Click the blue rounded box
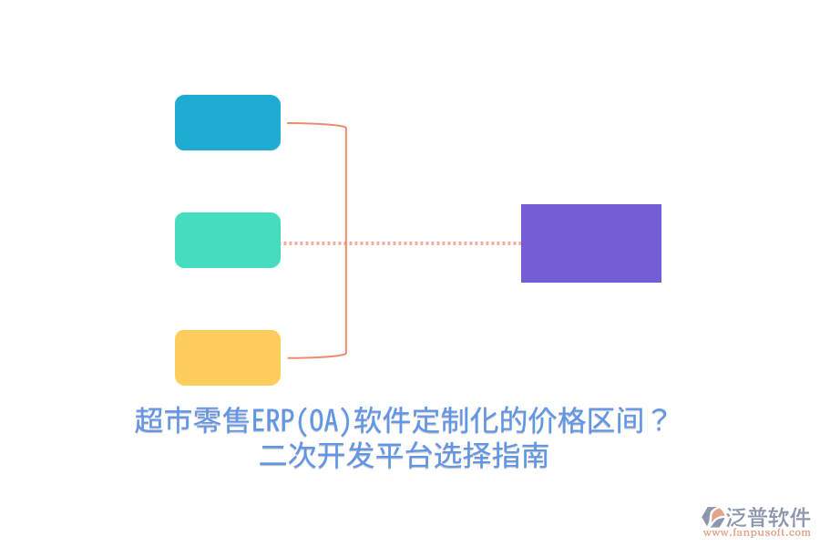tap(228, 122)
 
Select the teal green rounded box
tap(228, 240)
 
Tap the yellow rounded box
tap(228, 357)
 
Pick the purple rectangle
tap(590, 243)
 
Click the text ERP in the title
tap(269, 421)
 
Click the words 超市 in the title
tap(163, 421)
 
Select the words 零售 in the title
tap(221, 421)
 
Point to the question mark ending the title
tap(661, 421)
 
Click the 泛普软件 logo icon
tap(713, 517)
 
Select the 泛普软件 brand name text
tap(767, 516)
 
